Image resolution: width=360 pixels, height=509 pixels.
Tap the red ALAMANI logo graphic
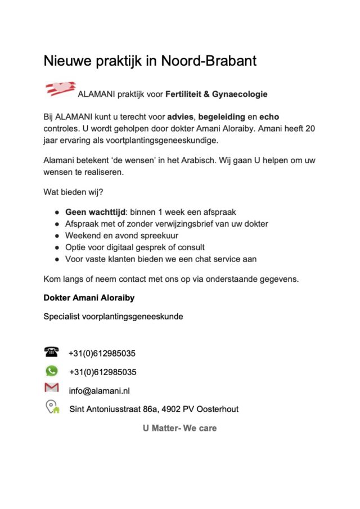[60, 89]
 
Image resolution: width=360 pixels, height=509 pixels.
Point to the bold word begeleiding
[222, 117]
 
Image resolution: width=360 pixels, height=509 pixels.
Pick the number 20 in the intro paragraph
[310, 129]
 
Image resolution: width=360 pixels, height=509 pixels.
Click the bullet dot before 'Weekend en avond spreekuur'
[57, 236]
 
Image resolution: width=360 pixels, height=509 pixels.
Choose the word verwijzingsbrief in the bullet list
[177, 224]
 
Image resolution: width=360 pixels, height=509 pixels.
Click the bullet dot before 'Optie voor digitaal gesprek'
[57, 247]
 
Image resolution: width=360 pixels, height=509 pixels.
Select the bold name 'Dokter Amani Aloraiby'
[89, 298]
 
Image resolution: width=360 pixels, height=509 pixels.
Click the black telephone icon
[51, 352]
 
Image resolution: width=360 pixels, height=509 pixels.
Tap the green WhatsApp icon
[51, 371]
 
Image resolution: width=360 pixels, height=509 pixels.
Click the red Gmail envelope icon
[51, 388]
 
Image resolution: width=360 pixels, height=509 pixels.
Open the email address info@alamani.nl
[100, 390]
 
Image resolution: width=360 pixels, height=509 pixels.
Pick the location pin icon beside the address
[52, 407]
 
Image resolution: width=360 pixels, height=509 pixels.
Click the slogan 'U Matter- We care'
[179, 428]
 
